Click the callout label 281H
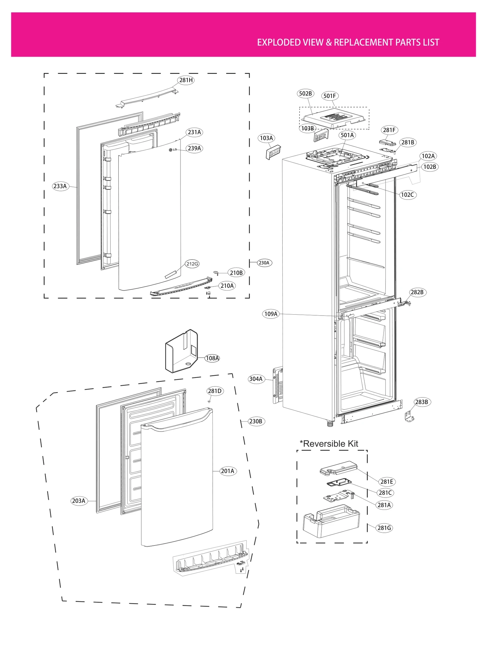(186, 80)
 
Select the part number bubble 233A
(60, 186)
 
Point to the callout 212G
(192, 264)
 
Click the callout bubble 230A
(264, 263)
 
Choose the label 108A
(212, 358)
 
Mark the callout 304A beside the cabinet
(256, 379)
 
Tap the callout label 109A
(271, 314)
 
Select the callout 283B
(421, 402)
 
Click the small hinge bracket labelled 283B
(409, 417)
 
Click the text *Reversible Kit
(329, 444)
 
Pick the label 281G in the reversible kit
(384, 528)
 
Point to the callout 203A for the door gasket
(79, 501)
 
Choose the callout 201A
(227, 471)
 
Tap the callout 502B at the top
(305, 94)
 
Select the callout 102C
(407, 195)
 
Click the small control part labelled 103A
(273, 152)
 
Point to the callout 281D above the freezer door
(215, 391)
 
